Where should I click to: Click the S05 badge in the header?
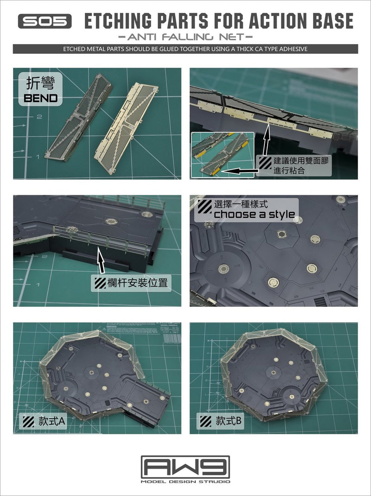click(x=45, y=21)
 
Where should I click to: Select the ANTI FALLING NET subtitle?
click(x=185, y=36)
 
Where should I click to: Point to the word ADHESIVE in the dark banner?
click(x=293, y=49)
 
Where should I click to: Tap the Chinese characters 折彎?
click(x=42, y=83)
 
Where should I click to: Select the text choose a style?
click(x=254, y=214)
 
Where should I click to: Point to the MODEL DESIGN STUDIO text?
click(x=185, y=482)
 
